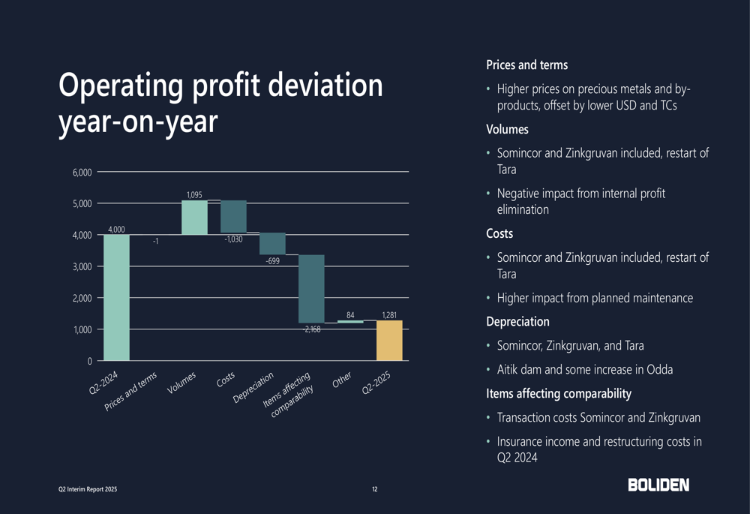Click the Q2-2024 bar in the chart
pyautogui.click(x=116, y=298)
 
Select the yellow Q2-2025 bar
pyautogui.click(x=389, y=341)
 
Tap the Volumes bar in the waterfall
pyautogui.click(x=194, y=218)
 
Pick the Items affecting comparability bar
pyautogui.click(x=311, y=289)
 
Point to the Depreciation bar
pyautogui.click(x=272, y=244)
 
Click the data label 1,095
pyautogui.click(x=194, y=195)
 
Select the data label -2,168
pyautogui.click(x=311, y=329)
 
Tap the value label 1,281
pyautogui.click(x=389, y=315)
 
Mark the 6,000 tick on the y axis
pyautogui.click(x=82, y=173)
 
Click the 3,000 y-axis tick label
pyautogui.click(x=82, y=266)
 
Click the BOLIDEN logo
pyautogui.click(x=658, y=485)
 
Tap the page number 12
pyautogui.click(x=375, y=489)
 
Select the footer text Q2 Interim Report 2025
pyautogui.click(x=88, y=489)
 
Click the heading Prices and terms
pyautogui.click(x=526, y=65)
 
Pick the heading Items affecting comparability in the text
pyautogui.click(x=559, y=393)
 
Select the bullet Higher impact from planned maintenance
pyautogui.click(x=595, y=298)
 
